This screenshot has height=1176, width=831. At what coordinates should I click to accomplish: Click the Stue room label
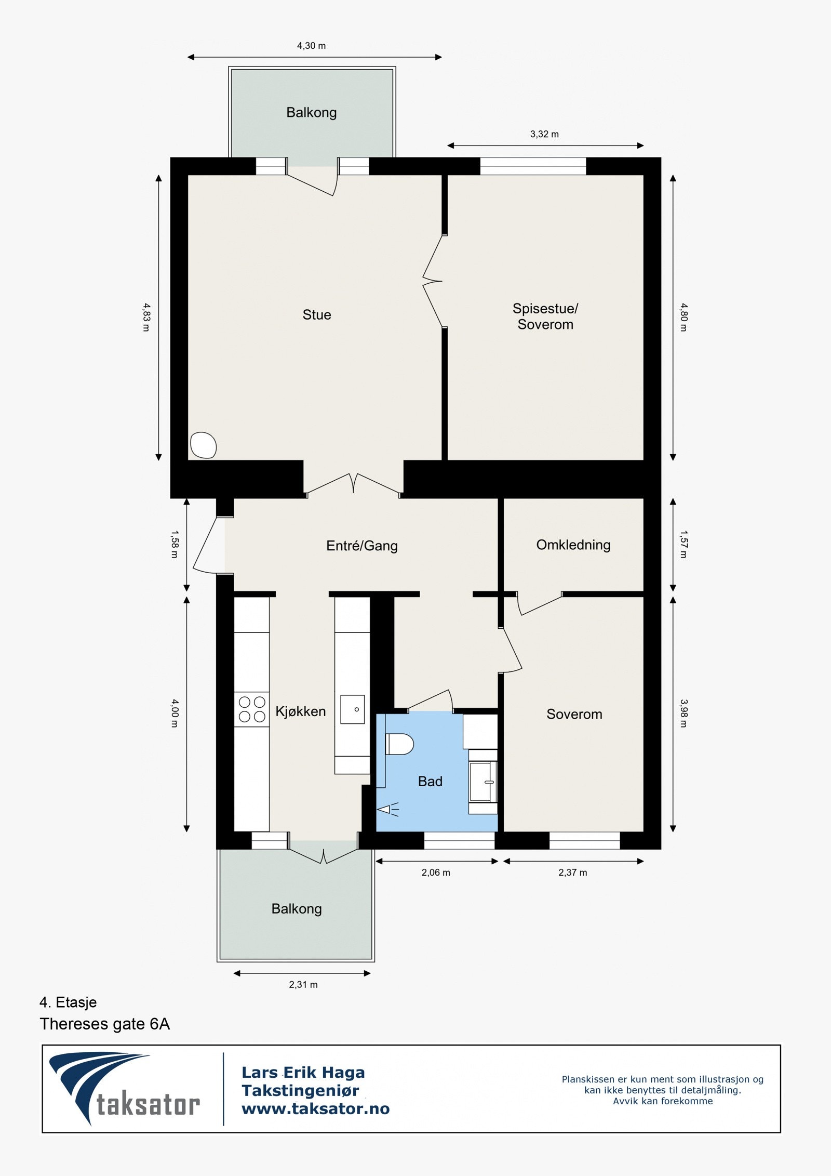317,315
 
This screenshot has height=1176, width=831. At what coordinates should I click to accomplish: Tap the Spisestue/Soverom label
545,316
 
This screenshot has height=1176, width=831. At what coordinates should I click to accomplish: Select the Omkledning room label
573,545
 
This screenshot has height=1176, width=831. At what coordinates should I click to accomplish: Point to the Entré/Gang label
362,546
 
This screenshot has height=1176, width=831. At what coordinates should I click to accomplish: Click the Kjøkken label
301,711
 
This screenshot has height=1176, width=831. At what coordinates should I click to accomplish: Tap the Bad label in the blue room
430,782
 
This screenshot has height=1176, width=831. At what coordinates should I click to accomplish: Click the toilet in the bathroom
399,744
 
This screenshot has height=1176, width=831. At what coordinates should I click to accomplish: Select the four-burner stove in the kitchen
252,710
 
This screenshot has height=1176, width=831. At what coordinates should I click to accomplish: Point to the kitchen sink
353,709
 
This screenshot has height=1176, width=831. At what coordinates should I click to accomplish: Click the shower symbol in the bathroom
387,809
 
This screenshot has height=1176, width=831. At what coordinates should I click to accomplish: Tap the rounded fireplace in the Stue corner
203,445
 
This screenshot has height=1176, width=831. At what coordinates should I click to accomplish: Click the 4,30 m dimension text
312,46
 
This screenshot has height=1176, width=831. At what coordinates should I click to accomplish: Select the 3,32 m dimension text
544,134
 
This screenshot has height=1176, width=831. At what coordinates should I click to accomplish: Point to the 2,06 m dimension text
436,873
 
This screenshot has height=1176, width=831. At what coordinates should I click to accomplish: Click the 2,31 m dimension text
303,985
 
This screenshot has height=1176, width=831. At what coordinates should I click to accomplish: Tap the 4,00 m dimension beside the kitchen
175,713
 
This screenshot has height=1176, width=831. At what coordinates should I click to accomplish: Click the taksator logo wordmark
148,1105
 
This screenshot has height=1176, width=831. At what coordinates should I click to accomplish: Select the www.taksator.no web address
316,1109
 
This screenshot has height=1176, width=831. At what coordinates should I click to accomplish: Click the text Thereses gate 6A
105,1024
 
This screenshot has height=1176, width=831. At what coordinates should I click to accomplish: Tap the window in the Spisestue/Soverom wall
533,166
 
